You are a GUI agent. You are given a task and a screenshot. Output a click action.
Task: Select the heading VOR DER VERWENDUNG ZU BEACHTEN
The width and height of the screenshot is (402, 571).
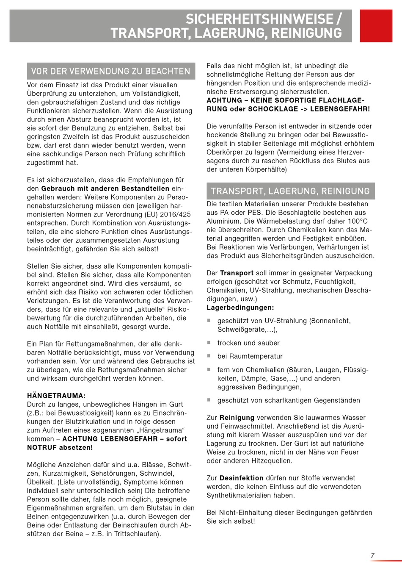coord(111,71)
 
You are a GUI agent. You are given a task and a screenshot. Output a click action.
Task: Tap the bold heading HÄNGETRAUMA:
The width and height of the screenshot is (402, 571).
coord(56,396)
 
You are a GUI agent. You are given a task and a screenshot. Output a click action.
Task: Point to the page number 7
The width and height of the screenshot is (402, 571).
coord(372,556)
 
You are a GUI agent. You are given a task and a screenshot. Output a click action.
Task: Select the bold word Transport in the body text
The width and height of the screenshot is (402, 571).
coord(237,273)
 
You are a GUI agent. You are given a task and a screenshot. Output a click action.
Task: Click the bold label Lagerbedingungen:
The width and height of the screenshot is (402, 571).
coord(240,308)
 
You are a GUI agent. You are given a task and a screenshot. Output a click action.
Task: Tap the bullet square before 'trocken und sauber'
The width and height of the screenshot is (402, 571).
coord(209,342)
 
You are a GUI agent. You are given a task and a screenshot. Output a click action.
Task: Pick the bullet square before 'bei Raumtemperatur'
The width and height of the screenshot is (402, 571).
coord(209,356)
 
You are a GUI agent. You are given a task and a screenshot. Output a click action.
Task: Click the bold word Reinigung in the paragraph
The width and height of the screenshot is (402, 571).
coord(237,418)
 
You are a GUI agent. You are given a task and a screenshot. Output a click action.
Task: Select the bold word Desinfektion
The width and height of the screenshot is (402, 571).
coord(241,478)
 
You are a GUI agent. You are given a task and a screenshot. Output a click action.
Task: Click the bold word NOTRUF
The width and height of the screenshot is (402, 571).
coord(41,447)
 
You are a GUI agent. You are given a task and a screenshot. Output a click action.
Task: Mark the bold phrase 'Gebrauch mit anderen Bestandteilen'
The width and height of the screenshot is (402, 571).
coord(105,188)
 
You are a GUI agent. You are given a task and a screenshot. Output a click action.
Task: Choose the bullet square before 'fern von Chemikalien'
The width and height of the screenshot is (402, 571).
coord(209,369)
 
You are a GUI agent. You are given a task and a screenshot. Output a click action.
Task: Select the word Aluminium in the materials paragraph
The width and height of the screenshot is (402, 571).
coord(223,221)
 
